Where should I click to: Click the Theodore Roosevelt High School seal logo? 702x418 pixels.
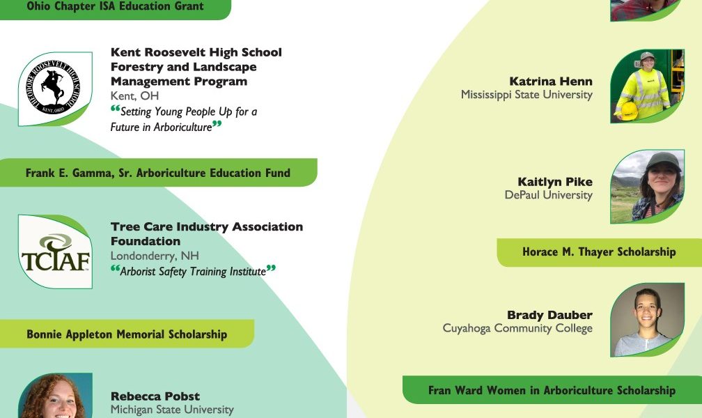click(53, 87)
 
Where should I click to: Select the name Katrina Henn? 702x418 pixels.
click(551, 81)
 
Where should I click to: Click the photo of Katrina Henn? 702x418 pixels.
click(647, 86)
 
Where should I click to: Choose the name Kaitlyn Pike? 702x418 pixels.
click(555, 181)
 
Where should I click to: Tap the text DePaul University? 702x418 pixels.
click(549, 195)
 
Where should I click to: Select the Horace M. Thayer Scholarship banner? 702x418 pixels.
click(600, 252)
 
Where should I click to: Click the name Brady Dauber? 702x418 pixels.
click(549, 315)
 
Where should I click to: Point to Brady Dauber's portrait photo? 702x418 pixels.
click(647, 320)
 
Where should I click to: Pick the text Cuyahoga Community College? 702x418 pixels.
click(517, 328)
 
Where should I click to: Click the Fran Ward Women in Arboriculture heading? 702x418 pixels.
click(552, 390)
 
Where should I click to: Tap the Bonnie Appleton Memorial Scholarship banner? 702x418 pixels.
click(127, 334)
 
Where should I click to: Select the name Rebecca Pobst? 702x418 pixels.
click(155, 396)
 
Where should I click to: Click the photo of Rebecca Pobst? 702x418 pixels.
click(55, 396)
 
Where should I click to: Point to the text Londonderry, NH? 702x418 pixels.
click(155, 256)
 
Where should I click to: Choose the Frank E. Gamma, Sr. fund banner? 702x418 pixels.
click(159, 173)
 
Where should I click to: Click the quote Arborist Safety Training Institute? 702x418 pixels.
click(193, 271)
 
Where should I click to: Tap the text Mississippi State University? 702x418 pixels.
click(526, 95)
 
